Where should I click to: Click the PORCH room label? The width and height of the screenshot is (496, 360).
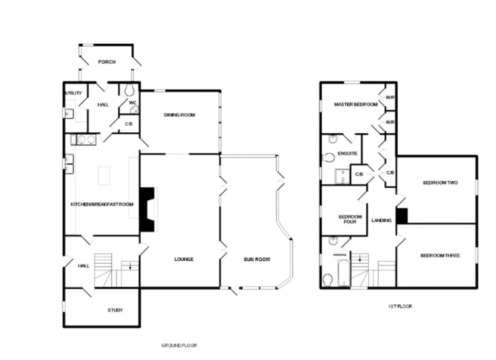click(x=106, y=62)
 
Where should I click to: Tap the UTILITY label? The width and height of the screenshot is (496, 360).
click(x=73, y=93)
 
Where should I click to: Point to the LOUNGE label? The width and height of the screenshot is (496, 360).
click(x=184, y=259)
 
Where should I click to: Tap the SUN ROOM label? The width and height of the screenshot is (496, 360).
click(x=257, y=259)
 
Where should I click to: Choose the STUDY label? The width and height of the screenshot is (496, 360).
click(x=115, y=310)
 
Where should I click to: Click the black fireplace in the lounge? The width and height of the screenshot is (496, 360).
click(x=147, y=209)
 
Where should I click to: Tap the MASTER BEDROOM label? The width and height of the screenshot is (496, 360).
click(x=355, y=105)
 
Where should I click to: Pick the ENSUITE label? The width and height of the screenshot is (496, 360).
click(x=348, y=154)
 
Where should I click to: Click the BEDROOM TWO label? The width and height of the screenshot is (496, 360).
click(x=440, y=183)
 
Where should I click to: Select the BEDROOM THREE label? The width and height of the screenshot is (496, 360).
click(x=440, y=255)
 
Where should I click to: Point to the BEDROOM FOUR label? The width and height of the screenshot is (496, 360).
click(x=350, y=219)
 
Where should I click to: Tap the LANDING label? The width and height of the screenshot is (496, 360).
click(x=381, y=220)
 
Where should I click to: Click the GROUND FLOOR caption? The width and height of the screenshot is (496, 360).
click(x=179, y=345)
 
